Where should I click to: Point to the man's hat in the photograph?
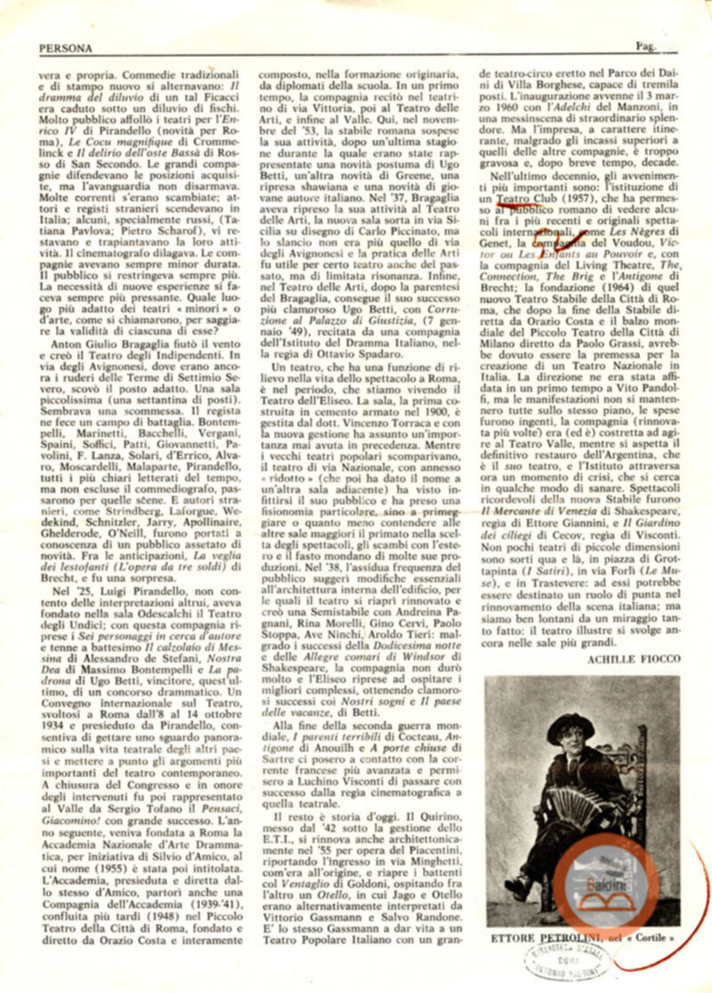click(x=570, y=725)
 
